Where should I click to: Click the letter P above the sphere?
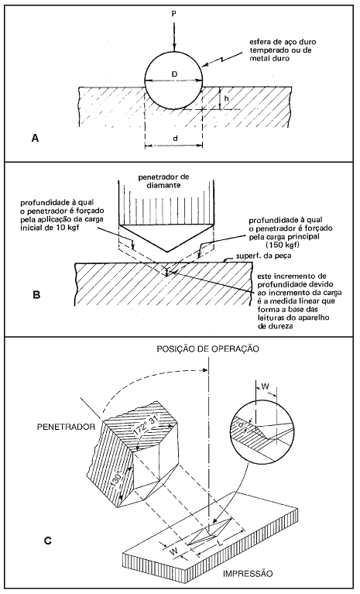coord(173,14)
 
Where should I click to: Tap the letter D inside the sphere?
coord(174,74)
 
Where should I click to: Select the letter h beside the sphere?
coord(226,98)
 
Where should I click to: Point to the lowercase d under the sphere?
coord(175,139)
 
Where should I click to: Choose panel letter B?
coord(36,294)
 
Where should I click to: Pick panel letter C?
coord(47,541)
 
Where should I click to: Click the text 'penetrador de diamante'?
coord(164,180)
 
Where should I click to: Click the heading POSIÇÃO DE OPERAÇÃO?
coord(208,349)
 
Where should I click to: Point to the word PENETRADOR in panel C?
coord(67,427)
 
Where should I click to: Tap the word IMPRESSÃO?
coord(248,573)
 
